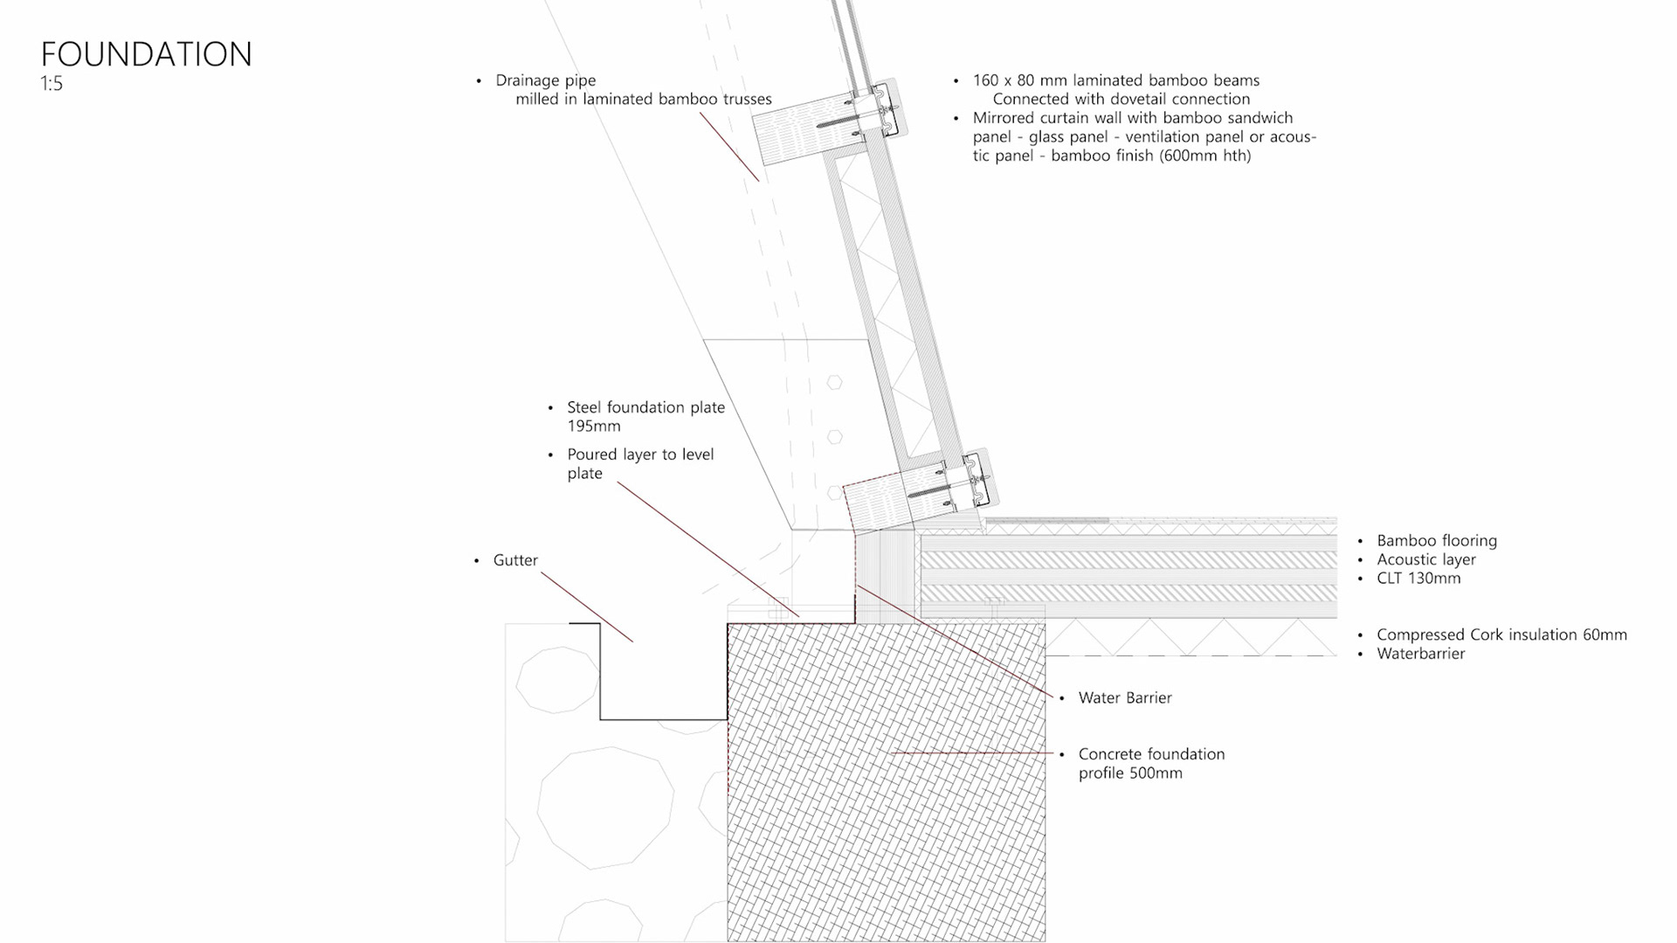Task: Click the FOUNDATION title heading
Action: [146, 54]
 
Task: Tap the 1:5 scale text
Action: [52, 84]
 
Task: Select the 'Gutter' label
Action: [515, 560]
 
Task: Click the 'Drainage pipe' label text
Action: [545, 80]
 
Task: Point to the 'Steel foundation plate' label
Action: [645, 407]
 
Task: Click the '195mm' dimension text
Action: [594, 426]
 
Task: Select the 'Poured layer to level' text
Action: [640, 454]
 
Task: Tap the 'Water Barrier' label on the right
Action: [1125, 697]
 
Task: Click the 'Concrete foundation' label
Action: [1151, 754]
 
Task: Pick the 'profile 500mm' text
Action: [1130, 773]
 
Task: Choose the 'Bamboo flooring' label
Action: [1437, 541]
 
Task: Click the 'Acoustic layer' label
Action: [1426, 559]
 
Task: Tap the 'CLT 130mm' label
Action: [1418, 579]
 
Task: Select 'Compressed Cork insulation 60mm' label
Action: [1501, 635]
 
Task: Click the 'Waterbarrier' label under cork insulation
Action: [1421, 654]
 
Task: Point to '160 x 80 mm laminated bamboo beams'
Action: [1116, 80]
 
